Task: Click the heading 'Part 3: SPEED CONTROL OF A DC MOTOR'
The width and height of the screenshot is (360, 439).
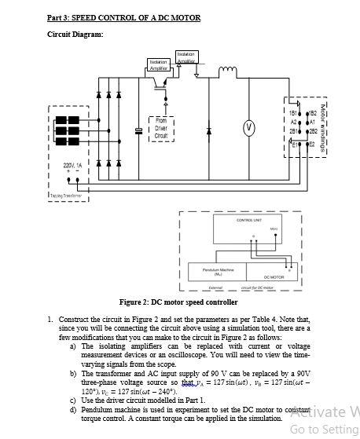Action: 123,17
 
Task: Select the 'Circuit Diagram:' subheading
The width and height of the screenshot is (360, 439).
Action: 75,34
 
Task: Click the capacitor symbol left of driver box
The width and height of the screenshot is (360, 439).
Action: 138,128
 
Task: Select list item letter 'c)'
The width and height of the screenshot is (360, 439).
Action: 73,400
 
